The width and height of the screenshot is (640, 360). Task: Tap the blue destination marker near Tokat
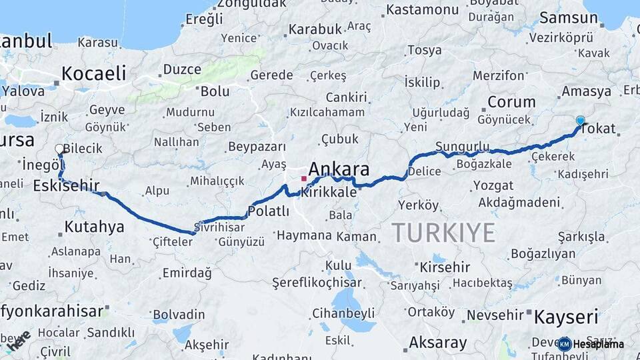[580, 121]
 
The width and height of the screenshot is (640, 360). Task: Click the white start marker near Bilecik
[59, 149]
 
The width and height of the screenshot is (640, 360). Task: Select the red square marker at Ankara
[304, 179]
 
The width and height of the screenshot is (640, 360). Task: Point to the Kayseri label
[567, 316]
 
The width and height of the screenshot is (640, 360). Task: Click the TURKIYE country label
[443, 233]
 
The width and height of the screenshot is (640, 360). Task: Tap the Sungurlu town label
[462, 146]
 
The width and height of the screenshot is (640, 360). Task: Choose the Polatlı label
[268, 211]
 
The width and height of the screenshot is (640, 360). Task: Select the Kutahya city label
[94, 227]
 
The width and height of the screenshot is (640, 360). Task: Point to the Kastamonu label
[423, 9]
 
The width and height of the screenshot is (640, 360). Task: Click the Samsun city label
[569, 18]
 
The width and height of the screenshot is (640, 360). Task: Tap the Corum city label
[511, 102]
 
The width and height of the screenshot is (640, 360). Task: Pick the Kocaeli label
[94, 73]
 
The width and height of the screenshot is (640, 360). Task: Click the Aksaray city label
[437, 343]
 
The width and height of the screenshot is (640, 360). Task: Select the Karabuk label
[315, 29]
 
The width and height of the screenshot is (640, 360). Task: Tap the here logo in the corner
[18, 339]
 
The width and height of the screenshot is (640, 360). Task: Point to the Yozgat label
[493, 185]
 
